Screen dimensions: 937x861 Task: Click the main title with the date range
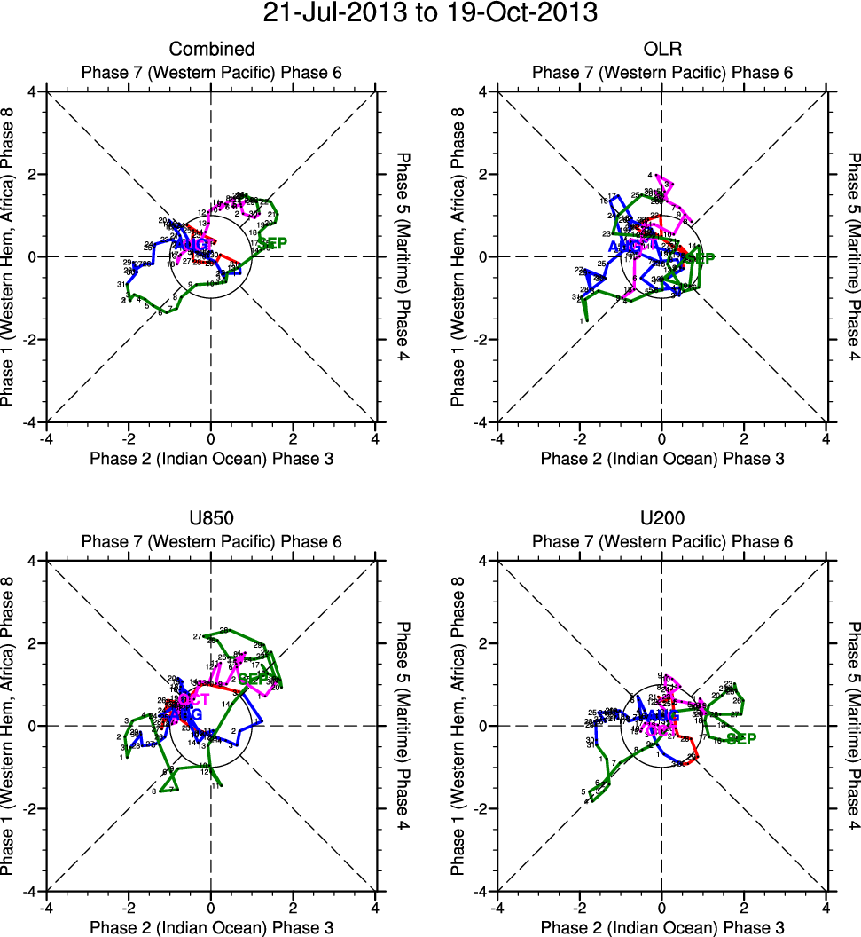pyautogui.click(x=430, y=14)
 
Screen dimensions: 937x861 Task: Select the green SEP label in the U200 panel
pyautogui.click(x=741, y=738)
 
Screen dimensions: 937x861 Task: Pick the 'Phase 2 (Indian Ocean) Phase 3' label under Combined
pyautogui.click(x=211, y=458)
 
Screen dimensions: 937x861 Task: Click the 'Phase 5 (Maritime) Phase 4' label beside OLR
pyautogui.click(x=853, y=256)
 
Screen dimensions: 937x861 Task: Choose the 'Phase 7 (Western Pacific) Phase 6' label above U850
pyautogui.click(x=211, y=541)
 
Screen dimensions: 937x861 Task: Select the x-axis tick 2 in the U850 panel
pyautogui.click(x=293, y=908)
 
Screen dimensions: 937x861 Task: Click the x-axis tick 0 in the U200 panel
pyautogui.click(x=661, y=908)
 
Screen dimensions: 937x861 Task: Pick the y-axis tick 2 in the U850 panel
pyautogui.click(x=32, y=643)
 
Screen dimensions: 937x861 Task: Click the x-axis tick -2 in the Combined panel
pyautogui.click(x=128, y=438)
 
